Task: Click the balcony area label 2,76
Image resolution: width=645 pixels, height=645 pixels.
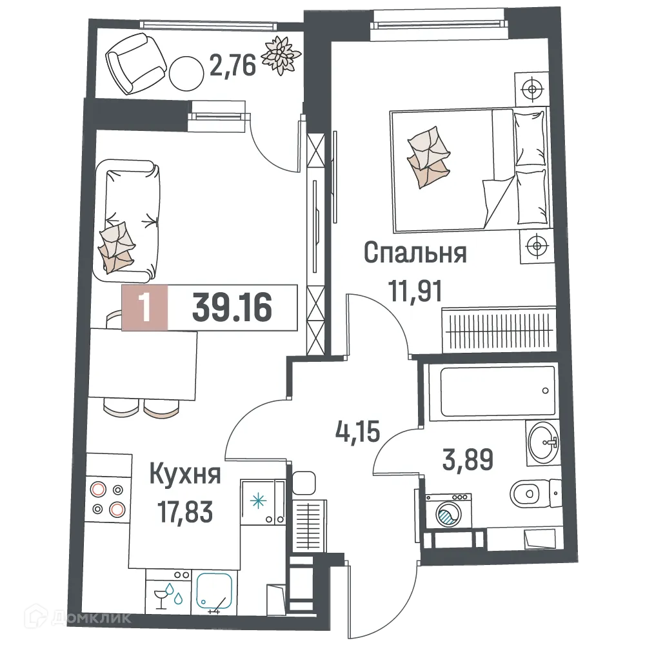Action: (233, 65)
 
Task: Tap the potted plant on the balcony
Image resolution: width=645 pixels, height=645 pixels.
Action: (281, 54)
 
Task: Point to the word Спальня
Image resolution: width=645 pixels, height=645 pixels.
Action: (415, 253)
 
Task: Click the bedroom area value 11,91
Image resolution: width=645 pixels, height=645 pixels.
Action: (415, 291)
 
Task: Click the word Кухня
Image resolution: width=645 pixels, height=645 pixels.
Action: (185, 476)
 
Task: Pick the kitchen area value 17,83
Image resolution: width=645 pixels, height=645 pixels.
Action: (185, 514)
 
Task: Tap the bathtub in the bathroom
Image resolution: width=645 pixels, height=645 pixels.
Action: (490, 391)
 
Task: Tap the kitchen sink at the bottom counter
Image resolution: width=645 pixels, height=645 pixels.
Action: (217, 591)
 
